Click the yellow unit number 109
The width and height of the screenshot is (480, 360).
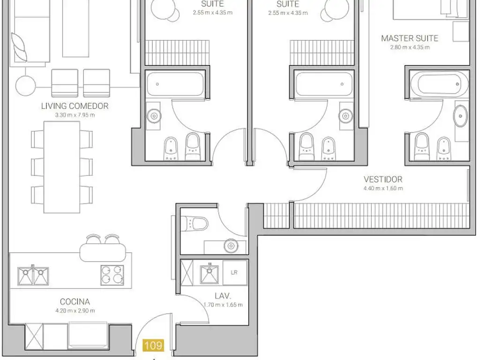(153, 345)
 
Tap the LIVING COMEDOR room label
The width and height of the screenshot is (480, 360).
(75, 106)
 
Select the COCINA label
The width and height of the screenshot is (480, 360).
(75, 302)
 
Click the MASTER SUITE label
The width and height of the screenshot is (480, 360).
(410, 38)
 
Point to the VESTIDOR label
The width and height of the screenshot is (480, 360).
(383, 180)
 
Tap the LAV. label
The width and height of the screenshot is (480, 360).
(223, 296)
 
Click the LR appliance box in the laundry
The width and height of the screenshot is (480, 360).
(235, 273)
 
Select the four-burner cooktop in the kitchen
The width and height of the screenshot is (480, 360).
(112, 275)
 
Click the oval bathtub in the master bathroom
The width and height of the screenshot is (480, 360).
(439, 84)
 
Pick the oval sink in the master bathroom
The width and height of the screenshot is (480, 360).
(460, 116)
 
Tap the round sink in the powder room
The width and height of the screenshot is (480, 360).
(231, 246)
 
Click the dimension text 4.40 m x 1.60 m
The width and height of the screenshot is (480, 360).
(383, 188)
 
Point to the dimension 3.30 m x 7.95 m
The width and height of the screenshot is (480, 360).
(75, 115)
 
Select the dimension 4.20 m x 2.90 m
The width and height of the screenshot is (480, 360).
(75, 311)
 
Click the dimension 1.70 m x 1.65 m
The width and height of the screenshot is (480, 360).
(223, 305)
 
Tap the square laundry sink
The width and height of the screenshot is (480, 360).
(210, 274)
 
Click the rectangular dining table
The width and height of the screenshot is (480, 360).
(62, 167)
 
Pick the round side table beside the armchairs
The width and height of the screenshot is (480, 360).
(26, 86)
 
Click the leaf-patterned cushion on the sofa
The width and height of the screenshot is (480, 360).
(19, 47)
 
